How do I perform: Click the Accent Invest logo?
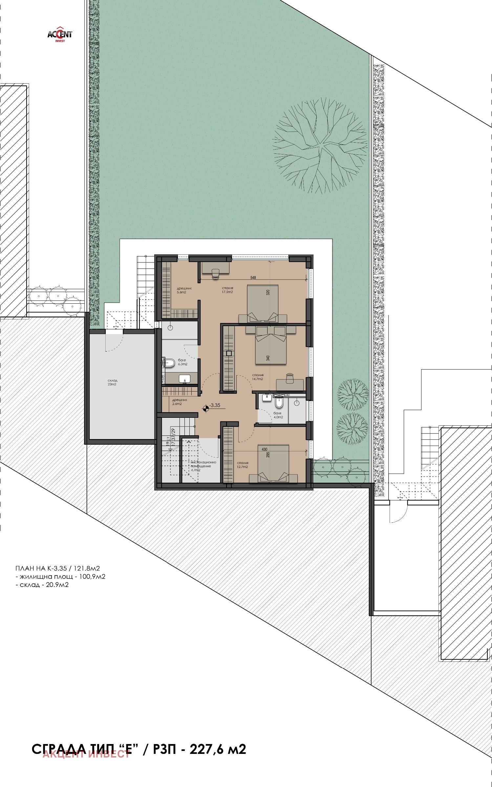pos(60,34)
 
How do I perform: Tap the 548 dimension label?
pos(253,277)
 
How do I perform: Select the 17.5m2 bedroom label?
pos(227,290)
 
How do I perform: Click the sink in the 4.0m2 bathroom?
pos(267,398)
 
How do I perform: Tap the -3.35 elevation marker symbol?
pos(206,408)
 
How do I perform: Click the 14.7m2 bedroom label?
pos(258,377)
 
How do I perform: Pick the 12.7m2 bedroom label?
pos(242,465)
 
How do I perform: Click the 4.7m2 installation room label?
pos(203,466)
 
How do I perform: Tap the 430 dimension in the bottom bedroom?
pos(265,450)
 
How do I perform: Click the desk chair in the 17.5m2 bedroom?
pos(216,273)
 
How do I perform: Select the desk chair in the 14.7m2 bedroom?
pos(289,378)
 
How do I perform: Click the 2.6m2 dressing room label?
pos(179,402)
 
